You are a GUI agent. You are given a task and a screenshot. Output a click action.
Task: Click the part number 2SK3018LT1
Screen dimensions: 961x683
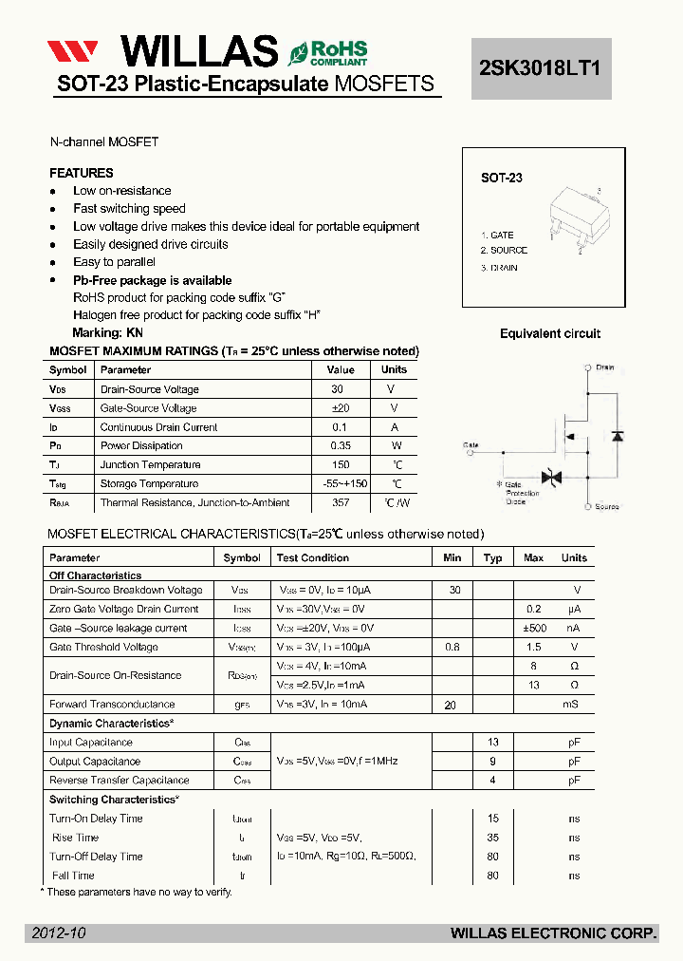[x=541, y=68]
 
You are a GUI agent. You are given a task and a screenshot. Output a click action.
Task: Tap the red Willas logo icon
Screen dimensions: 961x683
[x=73, y=51]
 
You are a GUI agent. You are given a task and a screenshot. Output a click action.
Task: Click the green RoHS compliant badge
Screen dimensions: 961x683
[x=328, y=52]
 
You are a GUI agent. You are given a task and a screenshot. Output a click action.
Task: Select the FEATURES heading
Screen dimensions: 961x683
[x=82, y=173]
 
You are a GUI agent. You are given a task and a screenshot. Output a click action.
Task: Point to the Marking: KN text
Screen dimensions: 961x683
[x=107, y=333]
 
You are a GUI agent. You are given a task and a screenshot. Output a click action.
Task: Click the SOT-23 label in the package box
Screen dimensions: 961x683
[x=502, y=178]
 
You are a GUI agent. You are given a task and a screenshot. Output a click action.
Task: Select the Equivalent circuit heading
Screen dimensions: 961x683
[x=550, y=333]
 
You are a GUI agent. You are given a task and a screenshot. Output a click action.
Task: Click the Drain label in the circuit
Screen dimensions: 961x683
[x=604, y=367]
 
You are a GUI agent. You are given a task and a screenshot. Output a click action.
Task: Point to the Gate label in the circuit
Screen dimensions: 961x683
[x=471, y=444]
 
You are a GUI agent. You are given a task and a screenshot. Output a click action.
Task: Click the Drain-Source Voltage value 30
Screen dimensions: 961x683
[x=338, y=389]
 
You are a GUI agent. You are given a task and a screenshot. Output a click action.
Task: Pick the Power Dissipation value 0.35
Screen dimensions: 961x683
[x=341, y=446]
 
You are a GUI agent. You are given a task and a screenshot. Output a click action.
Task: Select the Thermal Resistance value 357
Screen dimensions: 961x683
[x=341, y=503]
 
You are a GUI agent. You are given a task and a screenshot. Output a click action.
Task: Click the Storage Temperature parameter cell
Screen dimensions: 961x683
[x=150, y=484]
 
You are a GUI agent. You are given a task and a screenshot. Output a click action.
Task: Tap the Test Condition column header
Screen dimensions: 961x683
[x=312, y=558]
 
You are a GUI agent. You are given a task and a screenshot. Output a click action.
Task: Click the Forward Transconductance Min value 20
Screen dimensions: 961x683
[x=451, y=706]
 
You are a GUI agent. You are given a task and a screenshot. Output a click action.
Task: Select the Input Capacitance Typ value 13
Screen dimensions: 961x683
[x=492, y=743]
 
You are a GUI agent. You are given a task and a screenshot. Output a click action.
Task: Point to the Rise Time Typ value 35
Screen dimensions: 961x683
[x=492, y=838]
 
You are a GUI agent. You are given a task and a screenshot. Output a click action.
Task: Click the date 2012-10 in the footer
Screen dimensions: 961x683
[x=58, y=933]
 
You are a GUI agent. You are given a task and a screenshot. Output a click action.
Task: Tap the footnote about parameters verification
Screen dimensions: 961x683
[x=137, y=892]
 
